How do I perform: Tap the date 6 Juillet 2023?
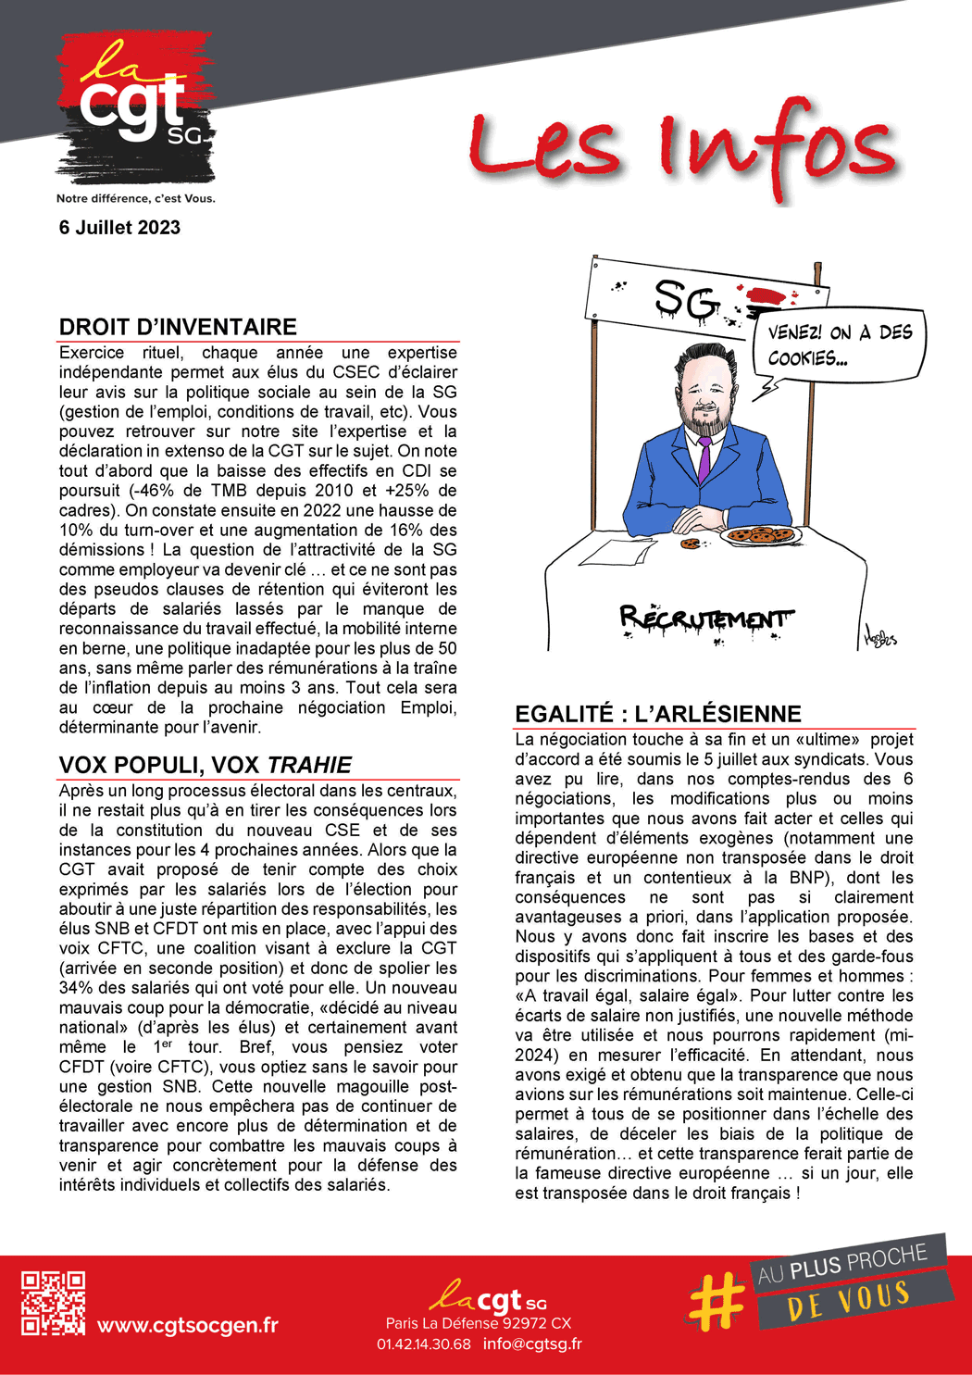pyautogui.click(x=119, y=228)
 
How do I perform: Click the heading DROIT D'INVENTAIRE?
pyautogui.click(x=178, y=327)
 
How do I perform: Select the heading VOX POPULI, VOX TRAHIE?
pyautogui.click(x=205, y=765)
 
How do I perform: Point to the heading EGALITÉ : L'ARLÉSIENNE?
pyautogui.click(x=657, y=714)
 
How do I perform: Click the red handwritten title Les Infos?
pyautogui.click(x=682, y=147)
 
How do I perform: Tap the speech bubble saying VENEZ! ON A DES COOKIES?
pyautogui.click(x=839, y=345)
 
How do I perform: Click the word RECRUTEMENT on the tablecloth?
pyautogui.click(x=706, y=618)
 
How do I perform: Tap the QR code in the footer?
pyautogui.click(x=54, y=1303)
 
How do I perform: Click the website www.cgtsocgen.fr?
pyautogui.click(x=187, y=1325)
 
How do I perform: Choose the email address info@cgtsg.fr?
pyautogui.click(x=532, y=1344)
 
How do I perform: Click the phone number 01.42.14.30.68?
pyautogui.click(x=423, y=1344)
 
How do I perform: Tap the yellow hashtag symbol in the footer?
pyautogui.click(x=717, y=1298)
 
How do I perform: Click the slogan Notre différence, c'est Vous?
pyautogui.click(x=135, y=198)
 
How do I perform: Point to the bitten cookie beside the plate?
pyautogui.click(x=691, y=544)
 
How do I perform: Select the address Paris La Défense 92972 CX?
pyautogui.click(x=478, y=1323)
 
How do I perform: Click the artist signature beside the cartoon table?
pyautogui.click(x=879, y=635)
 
